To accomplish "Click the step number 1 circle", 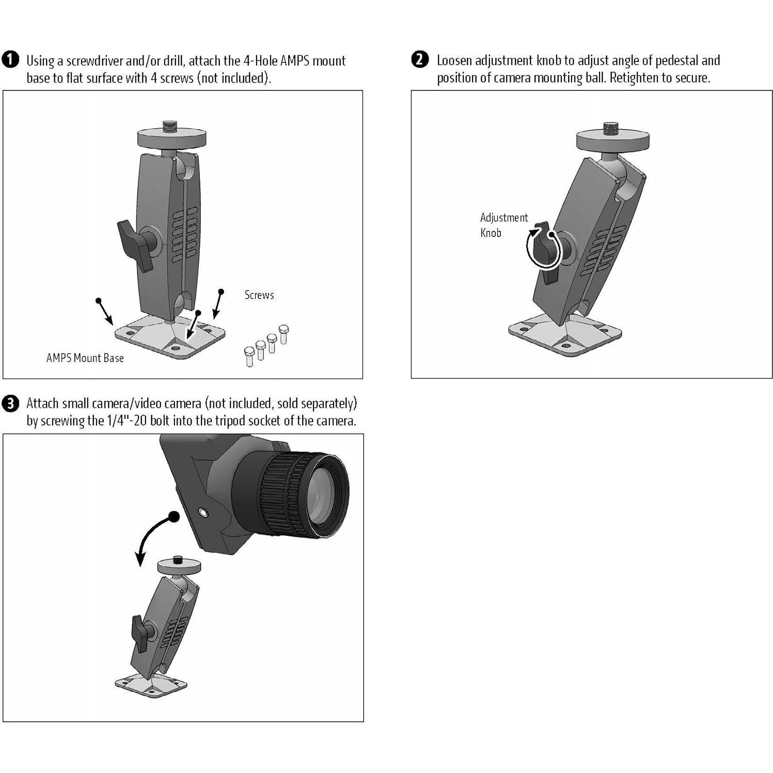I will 10,60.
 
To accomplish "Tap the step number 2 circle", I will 420,59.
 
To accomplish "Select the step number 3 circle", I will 10,403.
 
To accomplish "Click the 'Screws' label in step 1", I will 259,295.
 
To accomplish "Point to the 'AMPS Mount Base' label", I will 85,358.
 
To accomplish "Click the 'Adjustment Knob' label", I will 503,225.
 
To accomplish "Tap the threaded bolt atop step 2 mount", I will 611,127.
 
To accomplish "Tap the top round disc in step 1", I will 171,138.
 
